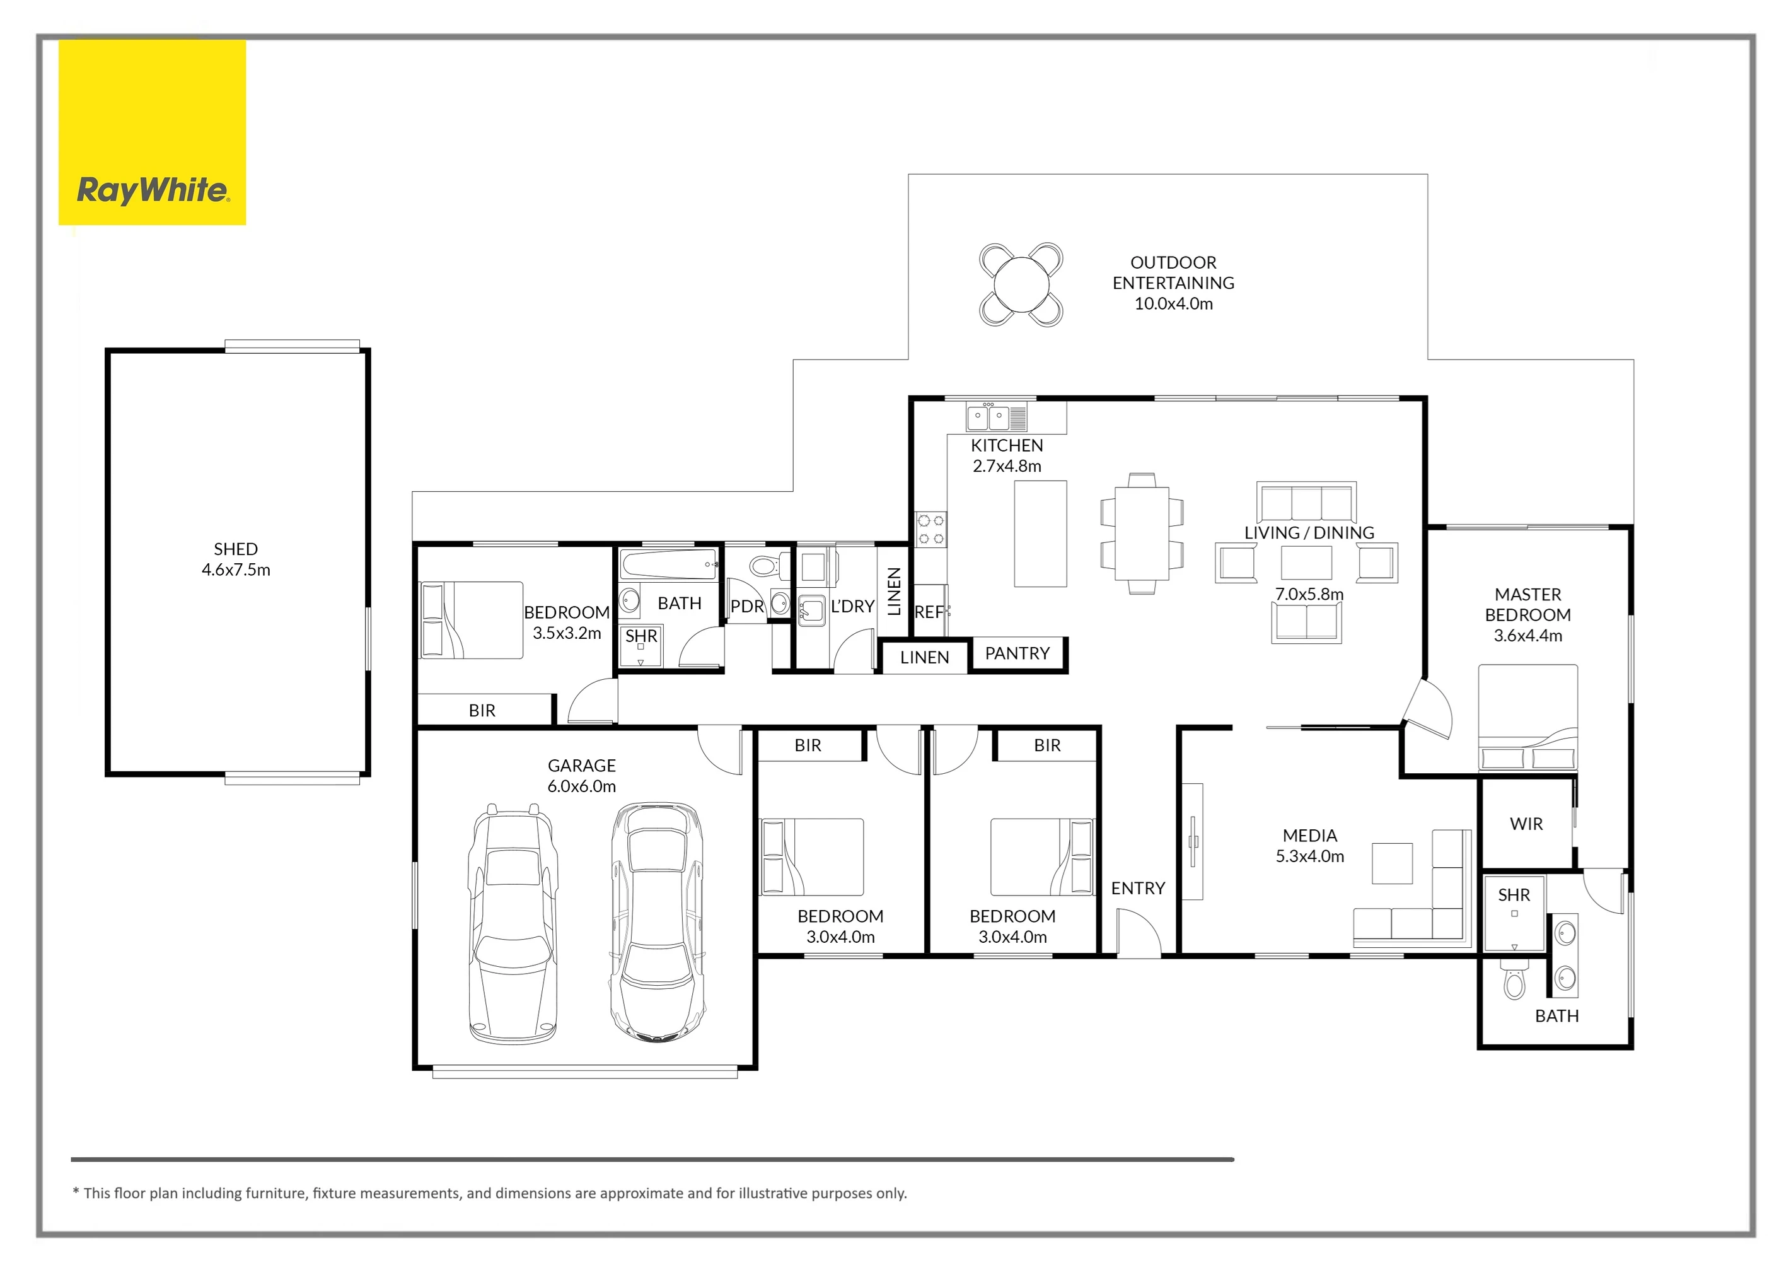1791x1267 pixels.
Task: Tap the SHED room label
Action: [236, 549]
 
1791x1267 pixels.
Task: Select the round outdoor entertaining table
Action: [1021, 285]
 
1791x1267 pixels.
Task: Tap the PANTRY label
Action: [1017, 653]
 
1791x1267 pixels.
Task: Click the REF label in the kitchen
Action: [930, 612]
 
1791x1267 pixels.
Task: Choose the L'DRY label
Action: [852, 606]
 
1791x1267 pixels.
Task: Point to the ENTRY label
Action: [1138, 888]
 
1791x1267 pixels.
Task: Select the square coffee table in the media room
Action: [1393, 863]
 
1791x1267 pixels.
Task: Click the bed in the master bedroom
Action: [1528, 718]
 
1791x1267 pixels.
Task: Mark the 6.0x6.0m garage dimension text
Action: [582, 786]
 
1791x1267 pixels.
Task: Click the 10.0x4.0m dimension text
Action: [1173, 304]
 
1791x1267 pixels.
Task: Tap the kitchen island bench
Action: [1041, 534]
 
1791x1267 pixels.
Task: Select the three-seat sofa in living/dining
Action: [1307, 501]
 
